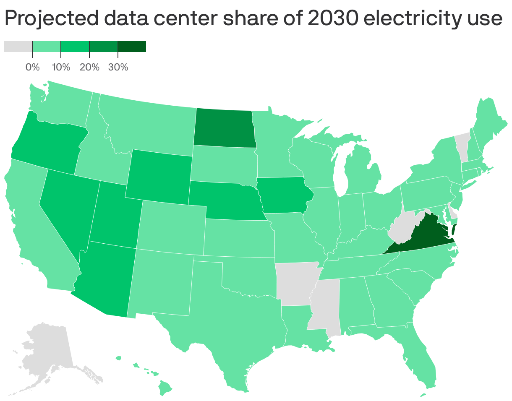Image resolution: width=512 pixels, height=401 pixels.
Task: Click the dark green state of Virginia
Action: point(424,235)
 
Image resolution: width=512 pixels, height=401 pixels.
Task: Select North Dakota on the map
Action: point(224,128)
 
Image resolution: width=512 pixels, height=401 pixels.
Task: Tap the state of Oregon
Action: point(46,143)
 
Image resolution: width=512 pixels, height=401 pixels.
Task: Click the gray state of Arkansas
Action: point(294,283)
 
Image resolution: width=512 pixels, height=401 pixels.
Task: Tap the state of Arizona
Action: point(105,279)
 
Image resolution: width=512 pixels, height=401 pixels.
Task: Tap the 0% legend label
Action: point(33,67)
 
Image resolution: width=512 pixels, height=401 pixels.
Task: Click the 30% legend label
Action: point(118,67)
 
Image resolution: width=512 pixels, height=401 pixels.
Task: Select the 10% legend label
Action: point(61,67)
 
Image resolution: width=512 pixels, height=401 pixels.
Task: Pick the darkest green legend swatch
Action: point(132,47)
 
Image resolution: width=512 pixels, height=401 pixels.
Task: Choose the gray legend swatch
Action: point(18,47)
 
